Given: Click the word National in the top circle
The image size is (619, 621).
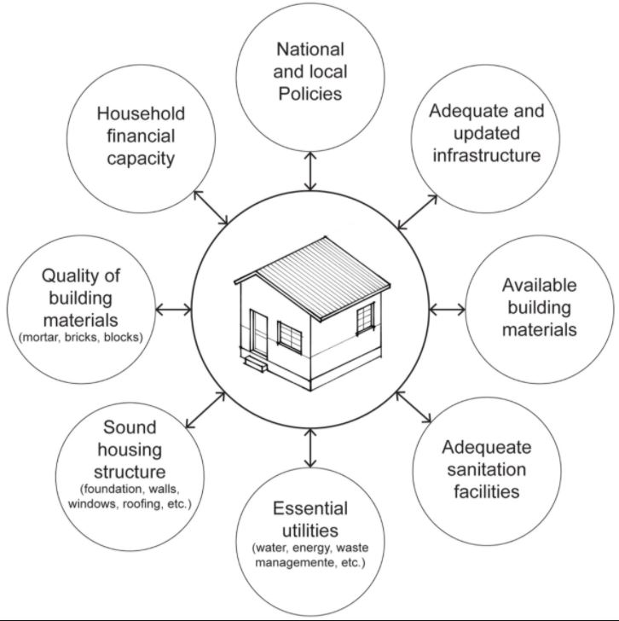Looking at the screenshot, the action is [x=309, y=49].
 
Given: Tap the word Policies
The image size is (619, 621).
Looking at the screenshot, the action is [x=309, y=94].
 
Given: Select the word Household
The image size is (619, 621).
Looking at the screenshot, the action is [x=141, y=113].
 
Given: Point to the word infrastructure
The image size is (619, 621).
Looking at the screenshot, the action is [x=486, y=155].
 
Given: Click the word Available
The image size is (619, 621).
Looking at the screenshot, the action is [x=539, y=285].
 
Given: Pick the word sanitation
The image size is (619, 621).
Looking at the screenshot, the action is [x=486, y=470].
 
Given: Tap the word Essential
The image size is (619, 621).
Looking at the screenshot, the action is [x=310, y=508].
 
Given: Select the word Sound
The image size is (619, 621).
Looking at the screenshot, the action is [x=130, y=427].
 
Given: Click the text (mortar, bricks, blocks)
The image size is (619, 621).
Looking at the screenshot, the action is [x=81, y=338].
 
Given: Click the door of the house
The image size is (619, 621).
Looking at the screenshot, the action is [x=259, y=334].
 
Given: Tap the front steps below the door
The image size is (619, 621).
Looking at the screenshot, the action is [x=256, y=363].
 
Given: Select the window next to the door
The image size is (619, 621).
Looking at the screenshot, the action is [x=290, y=337].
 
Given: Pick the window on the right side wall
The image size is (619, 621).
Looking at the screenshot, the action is [x=365, y=319].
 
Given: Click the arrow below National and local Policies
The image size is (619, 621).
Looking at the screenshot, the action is [x=310, y=171].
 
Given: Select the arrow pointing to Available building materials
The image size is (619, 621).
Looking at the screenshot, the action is [x=448, y=310].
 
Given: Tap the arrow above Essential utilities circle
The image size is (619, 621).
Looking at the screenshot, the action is [x=310, y=448].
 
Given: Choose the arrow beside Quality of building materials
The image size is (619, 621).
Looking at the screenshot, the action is [x=173, y=310].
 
